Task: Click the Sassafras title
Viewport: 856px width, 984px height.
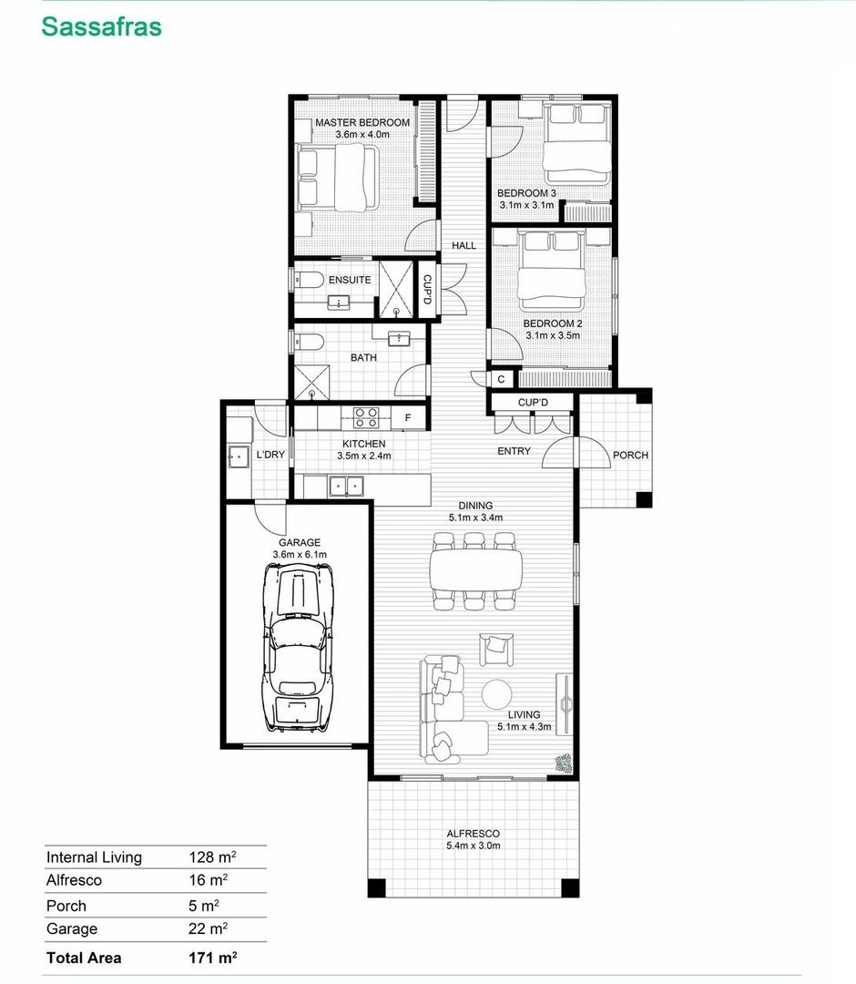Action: point(102,27)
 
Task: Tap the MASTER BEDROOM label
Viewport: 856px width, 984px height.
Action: point(362,123)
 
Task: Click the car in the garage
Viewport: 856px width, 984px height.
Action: point(299,646)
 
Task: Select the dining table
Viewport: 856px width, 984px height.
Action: point(476,569)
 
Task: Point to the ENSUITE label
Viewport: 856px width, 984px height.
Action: point(350,280)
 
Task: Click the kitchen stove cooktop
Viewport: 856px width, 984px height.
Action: point(365,417)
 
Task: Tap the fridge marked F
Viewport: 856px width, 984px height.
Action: point(408,418)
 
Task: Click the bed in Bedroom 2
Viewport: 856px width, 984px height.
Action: point(552,270)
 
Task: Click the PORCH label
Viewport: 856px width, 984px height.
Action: point(630,455)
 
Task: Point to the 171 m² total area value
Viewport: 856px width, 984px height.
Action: point(212,958)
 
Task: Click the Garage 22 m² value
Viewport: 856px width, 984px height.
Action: point(209,928)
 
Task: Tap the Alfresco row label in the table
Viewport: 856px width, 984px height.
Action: point(74,880)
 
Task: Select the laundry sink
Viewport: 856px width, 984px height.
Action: point(239,456)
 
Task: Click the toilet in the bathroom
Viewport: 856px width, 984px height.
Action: point(310,343)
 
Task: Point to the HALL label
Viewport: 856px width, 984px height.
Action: point(464,245)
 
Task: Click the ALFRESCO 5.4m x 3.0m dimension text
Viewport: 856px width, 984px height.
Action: point(474,846)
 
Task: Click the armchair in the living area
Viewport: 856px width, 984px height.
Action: point(496,649)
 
